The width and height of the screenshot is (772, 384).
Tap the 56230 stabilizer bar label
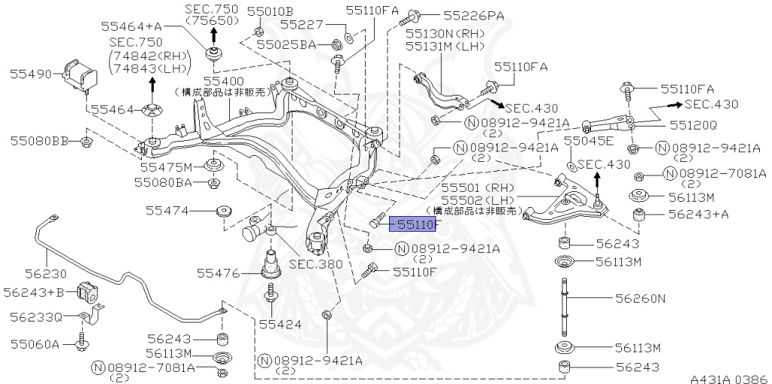tap(44, 274)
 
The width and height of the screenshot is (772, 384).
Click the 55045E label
tap(589, 141)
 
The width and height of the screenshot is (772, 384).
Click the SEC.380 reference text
tap(315, 264)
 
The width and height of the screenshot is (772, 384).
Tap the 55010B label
tap(274, 12)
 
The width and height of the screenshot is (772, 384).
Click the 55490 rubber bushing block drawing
tap(80, 73)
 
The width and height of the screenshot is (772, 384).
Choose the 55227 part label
tap(302, 25)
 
